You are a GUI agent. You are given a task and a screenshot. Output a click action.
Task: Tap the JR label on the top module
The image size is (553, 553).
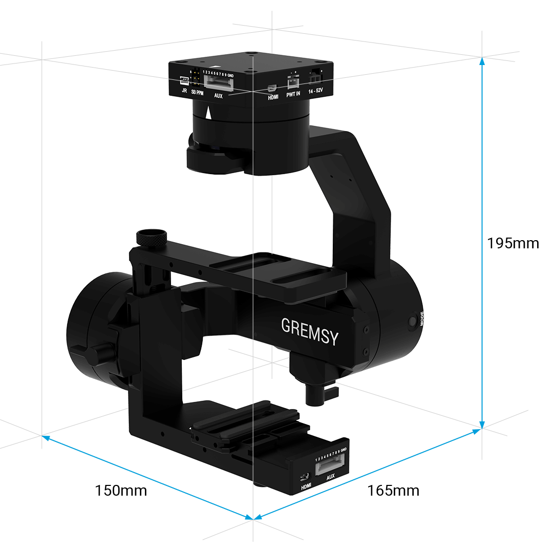click(x=184, y=92)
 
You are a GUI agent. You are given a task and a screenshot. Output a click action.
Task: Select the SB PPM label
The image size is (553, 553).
click(x=197, y=93)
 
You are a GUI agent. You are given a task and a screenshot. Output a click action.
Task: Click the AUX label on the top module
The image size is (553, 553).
click(x=218, y=95)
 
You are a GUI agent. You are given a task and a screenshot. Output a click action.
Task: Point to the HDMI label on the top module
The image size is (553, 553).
click(x=273, y=97)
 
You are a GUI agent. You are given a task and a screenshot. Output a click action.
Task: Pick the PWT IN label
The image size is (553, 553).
click(x=293, y=95)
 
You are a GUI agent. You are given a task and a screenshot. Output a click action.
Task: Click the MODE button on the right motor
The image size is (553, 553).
click(x=413, y=322)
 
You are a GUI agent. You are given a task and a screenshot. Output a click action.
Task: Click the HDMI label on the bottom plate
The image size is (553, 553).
click(x=306, y=486)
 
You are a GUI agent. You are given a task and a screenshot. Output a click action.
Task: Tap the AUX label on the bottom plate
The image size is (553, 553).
click(x=330, y=477)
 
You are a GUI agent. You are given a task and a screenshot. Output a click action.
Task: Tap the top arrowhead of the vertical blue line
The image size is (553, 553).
click(x=482, y=60)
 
